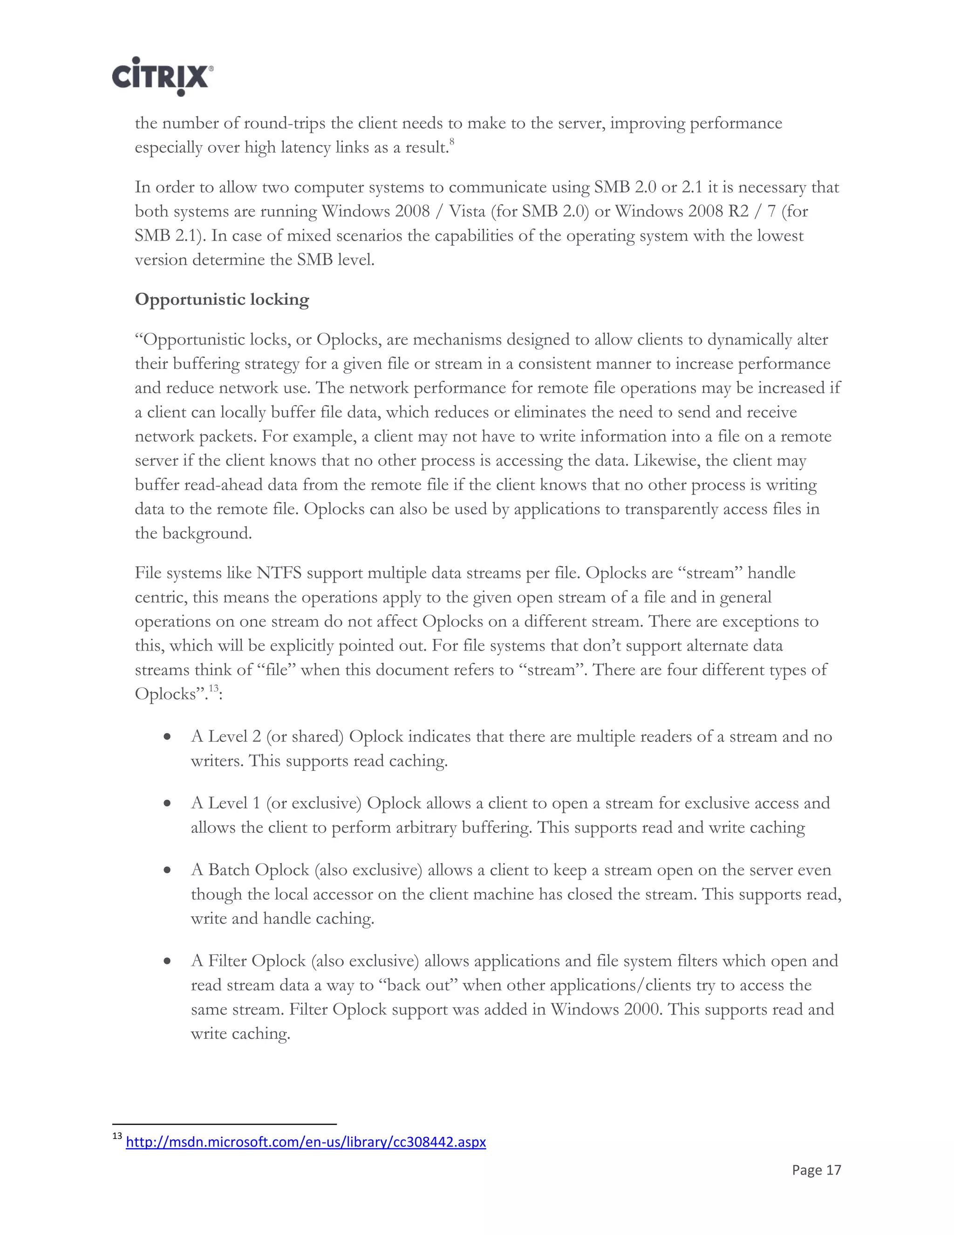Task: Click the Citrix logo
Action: (162, 76)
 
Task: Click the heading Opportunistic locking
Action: (222, 300)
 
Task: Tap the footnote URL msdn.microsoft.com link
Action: (305, 1142)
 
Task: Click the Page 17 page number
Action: (816, 1170)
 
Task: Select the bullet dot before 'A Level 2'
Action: (167, 737)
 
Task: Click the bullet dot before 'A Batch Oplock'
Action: (167, 870)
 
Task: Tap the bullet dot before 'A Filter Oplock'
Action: (167, 961)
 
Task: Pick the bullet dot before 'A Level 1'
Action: (167, 803)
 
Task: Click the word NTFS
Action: (279, 573)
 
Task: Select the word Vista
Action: (467, 212)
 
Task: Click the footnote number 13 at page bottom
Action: (117, 1137)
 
